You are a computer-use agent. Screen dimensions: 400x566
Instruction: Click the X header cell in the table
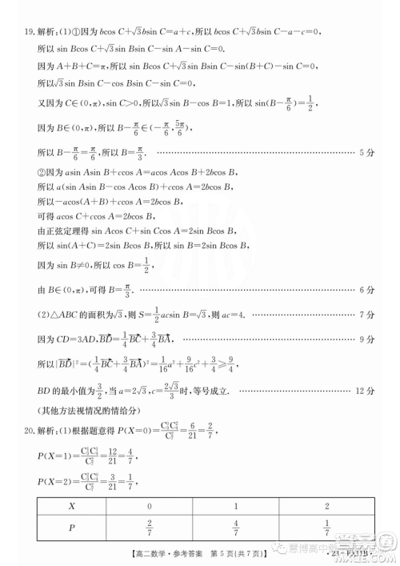click(x=71, y=507)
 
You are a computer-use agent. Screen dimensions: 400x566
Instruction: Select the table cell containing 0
click(x=149, y=507)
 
